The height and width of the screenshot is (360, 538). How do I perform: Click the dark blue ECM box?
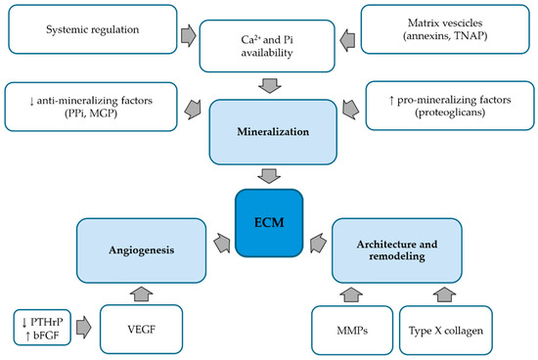point(269,223)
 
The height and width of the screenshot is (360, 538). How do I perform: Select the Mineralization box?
point(273,132)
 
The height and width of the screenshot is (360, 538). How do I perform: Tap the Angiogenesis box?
point(142,250)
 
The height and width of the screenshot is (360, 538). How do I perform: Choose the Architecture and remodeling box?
point(397,250)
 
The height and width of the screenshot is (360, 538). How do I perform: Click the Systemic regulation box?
point(93,29)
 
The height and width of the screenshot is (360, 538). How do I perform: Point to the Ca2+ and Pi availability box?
point(267,46)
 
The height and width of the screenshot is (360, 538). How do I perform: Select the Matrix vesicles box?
point(445,29)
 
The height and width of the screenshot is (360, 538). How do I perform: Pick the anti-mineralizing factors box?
point(91,107)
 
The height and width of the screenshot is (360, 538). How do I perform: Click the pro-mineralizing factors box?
point(450,106)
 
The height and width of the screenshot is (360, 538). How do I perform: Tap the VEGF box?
point(142,330)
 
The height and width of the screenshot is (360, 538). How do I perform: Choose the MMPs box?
point(352,330)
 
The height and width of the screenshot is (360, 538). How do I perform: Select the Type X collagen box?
point(446,330)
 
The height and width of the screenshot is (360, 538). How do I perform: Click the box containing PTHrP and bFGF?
point(42,328)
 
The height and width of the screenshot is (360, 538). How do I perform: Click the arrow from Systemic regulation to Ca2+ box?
point(189,35)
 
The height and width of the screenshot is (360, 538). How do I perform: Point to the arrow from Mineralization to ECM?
point(269,176)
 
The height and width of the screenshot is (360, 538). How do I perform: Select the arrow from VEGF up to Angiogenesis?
point(142,294)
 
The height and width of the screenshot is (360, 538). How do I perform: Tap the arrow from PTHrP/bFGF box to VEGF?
point(84,328)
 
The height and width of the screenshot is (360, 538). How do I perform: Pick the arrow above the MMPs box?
point(351,294)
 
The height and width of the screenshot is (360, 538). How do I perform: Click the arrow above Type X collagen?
point(444,294)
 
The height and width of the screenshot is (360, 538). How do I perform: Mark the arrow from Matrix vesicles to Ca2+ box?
point(347,40)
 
